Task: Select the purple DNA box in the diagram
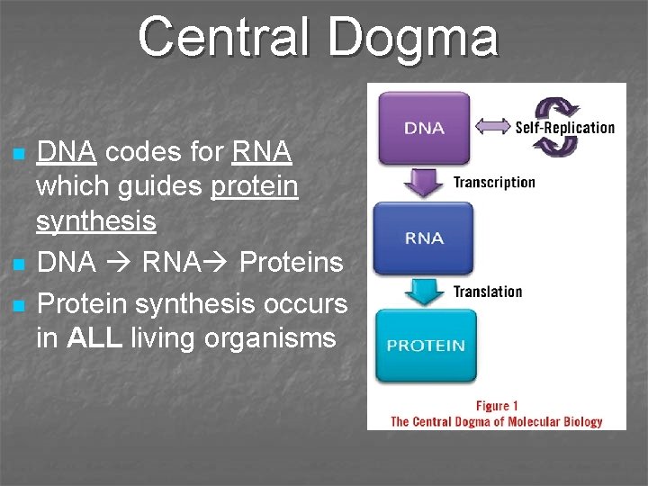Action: pos(424,127)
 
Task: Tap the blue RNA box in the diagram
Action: pos(424,238)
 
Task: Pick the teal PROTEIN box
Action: pos(425,345)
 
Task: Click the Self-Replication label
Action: pos(564,128)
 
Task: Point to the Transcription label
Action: pos(494,183)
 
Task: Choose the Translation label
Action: pos(488,292)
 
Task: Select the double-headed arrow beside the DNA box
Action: pos(492,128)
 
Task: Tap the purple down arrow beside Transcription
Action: pos(423,183)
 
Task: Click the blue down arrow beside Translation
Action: pos(423,292)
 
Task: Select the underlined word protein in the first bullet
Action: pos(254,186)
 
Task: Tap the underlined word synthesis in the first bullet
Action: pos(96,220)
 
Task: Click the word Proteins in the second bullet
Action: pos(292,263)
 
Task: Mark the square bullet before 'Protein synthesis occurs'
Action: pos(20,305)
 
